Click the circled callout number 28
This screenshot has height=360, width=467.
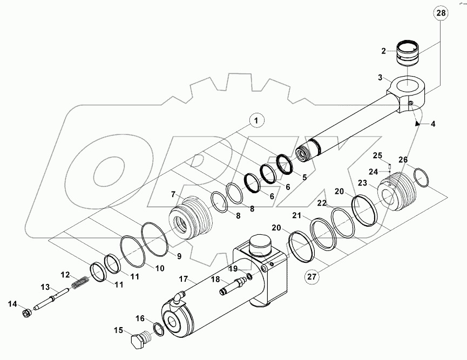point(441,13)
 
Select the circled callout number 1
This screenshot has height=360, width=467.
point(256,120)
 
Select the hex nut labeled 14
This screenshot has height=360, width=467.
point(25,313)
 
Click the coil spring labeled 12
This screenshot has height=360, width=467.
point(79,282)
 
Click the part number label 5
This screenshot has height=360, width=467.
point(304,176)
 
